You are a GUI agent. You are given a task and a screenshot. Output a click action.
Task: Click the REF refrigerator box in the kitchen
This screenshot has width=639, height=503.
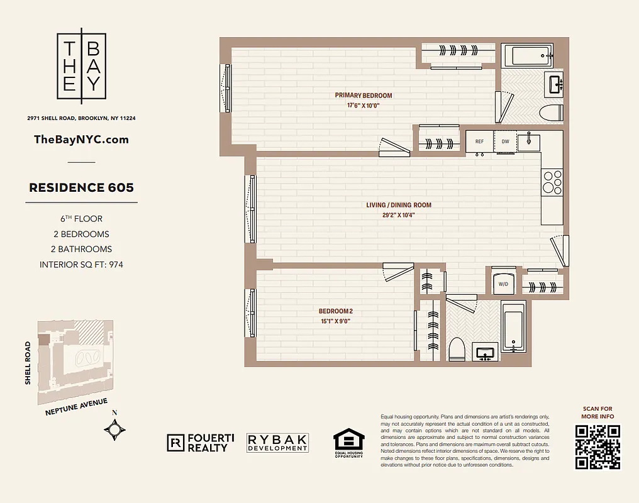click(x=479, y=141)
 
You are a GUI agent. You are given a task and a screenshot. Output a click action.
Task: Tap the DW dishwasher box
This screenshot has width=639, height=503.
click(x=505, y=141)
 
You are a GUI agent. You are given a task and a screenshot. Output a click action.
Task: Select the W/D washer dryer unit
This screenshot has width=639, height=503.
click(x=503, y=284)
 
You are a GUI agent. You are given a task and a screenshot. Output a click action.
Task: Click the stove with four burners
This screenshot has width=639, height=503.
click(x=552, y=182)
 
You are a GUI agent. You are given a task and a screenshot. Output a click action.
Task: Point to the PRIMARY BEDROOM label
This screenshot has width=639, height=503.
click(x=363, y=96)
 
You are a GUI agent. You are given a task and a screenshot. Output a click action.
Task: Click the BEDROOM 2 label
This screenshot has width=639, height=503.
click(x=335, y=311)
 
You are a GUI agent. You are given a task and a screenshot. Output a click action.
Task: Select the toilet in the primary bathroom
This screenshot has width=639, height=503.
click(x=551, y=113)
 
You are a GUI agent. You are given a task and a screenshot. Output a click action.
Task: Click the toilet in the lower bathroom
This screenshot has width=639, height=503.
click(x=457, y=349)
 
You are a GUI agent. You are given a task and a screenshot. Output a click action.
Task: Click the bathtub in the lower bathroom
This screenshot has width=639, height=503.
click(x=514, y=327)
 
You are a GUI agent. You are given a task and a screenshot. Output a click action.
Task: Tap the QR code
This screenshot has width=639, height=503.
click(x=597, y=447)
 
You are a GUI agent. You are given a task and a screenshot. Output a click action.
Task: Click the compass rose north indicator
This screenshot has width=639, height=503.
click(x=114, y=429)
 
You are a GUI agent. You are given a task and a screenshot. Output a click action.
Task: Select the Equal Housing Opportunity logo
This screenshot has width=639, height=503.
click(x=348, y=443)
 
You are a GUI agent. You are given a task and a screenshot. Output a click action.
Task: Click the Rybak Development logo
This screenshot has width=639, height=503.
click(x=277, y=443)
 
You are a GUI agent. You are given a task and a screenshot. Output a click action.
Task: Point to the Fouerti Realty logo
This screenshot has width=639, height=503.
click(x=200, y=443)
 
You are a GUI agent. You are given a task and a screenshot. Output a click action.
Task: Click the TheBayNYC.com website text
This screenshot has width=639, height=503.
click(x=81, y=140)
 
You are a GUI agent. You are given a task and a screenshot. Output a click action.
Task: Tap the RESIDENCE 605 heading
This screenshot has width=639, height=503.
click(x=81, y=187)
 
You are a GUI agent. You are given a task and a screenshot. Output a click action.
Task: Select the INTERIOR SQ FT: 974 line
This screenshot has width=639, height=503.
click(x=81, y=265)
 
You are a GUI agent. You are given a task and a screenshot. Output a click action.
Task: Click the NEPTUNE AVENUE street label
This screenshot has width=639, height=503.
click(x=76, y=407)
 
